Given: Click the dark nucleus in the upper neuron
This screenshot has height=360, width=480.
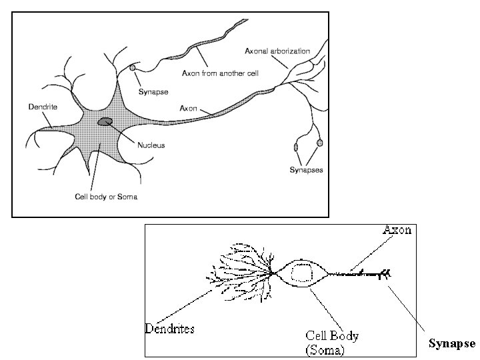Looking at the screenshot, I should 105,121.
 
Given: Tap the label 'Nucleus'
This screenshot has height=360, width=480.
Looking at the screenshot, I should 151,145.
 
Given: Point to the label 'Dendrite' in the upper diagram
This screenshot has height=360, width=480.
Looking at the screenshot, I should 42,106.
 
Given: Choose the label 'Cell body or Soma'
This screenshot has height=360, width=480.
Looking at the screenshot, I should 106,197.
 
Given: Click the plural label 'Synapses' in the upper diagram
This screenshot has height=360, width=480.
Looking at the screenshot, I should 306,170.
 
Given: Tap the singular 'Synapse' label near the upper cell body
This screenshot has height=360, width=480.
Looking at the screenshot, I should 153,92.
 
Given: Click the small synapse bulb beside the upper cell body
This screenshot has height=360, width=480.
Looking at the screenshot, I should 133,67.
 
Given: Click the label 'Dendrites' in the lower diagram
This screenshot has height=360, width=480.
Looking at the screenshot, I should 171,328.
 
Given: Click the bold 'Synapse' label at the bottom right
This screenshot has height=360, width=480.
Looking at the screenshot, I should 451,344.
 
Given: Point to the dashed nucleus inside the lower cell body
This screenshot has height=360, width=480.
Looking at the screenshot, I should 303,273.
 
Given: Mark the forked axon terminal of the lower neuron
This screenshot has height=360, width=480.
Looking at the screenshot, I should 385,273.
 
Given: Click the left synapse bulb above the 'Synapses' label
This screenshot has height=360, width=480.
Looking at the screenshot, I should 297,146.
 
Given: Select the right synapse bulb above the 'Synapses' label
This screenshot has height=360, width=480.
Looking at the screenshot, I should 320,143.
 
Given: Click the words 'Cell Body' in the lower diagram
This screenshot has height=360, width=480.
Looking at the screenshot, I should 331,336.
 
